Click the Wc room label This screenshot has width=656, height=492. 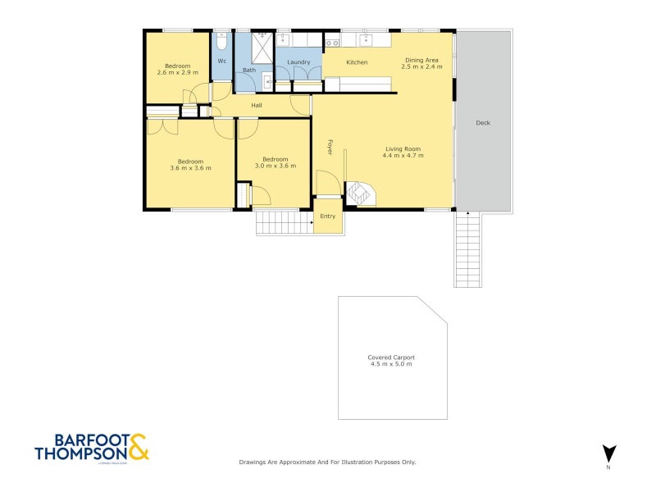(x=221, y=61)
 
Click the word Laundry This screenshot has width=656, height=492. (x=298, y=61)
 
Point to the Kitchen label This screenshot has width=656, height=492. (x=357, y=62)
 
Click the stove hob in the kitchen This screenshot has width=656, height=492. (x=332, y=41)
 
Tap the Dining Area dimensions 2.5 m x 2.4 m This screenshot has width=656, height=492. (x=423, y=66)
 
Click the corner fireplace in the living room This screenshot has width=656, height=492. (x=359, y=194)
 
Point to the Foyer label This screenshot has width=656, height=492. (x=330, y=147)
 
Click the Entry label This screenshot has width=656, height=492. (x=328, y=216)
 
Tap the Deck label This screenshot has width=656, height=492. (x=483, y=123)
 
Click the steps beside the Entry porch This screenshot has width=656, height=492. (x=284, y=222)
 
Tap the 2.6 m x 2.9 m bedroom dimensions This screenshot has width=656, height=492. (x=178, y=72)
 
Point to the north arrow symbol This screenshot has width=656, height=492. (x=608, y=453)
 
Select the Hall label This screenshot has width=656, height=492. (x=257, y=106)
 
